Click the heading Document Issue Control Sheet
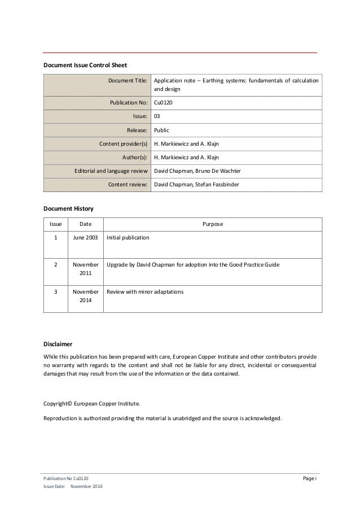89,65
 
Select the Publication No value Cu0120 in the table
164,103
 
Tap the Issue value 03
157,116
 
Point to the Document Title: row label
128,80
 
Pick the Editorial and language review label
111,171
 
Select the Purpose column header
212,224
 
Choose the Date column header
85,224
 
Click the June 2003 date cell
85,238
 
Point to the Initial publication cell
128,238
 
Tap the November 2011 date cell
85,269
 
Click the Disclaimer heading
58,343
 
